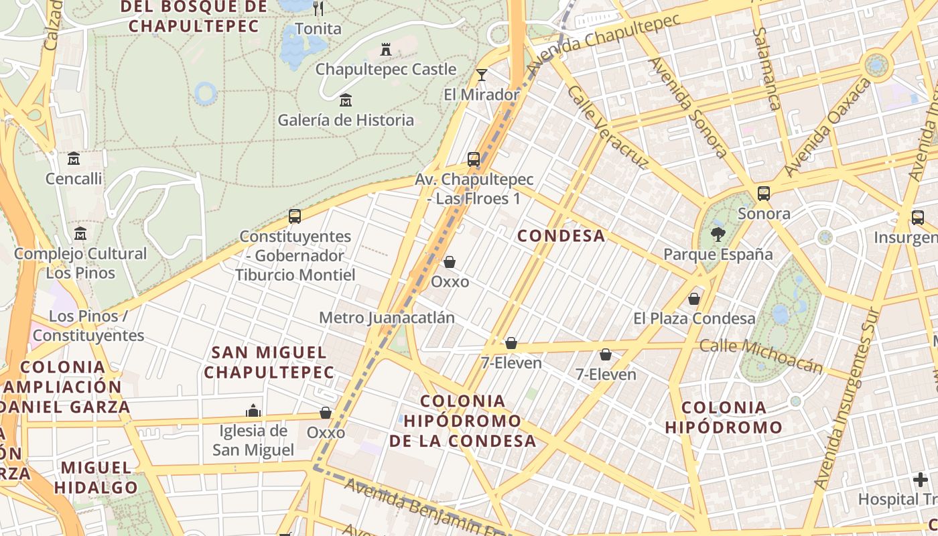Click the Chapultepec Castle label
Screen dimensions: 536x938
[385, 69]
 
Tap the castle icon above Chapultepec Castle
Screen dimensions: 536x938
[386, 49]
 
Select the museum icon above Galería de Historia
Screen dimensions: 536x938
[346, 100]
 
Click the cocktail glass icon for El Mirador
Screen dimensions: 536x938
[481, 74]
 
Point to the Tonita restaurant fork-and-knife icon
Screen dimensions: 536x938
[318, 9]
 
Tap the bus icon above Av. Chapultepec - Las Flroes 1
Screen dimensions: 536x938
[474, 159]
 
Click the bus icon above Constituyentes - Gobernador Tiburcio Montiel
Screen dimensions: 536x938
[295, 216]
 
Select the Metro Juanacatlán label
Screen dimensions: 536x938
[387, 318]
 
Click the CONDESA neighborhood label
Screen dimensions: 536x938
[561, 236]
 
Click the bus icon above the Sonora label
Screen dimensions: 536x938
[763, 194]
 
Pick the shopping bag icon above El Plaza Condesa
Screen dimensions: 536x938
[694, 298]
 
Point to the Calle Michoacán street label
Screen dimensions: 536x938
[760, 355]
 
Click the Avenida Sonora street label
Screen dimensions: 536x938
[687, 107]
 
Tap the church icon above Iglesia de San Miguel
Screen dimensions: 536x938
[253, 410]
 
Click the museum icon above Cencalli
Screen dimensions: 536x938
[74, 159]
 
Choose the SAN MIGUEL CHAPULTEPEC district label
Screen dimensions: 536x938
[269, 362]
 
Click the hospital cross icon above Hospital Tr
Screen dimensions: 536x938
[921, 480]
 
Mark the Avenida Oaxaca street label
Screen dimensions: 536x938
[828, 127]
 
